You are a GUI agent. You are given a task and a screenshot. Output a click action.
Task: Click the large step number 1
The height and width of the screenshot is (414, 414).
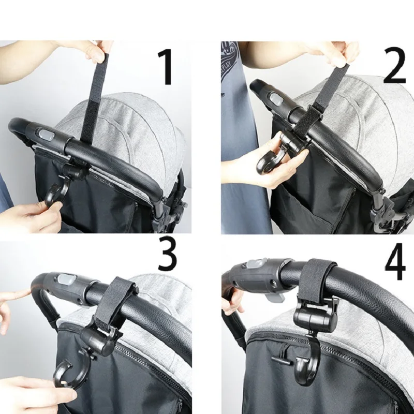166,67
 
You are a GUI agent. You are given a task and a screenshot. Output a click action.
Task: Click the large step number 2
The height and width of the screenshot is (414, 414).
394,66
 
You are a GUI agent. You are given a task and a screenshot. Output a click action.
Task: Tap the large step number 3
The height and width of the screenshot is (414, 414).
167,254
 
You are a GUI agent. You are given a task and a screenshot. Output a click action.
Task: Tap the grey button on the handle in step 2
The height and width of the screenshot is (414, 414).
276,98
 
